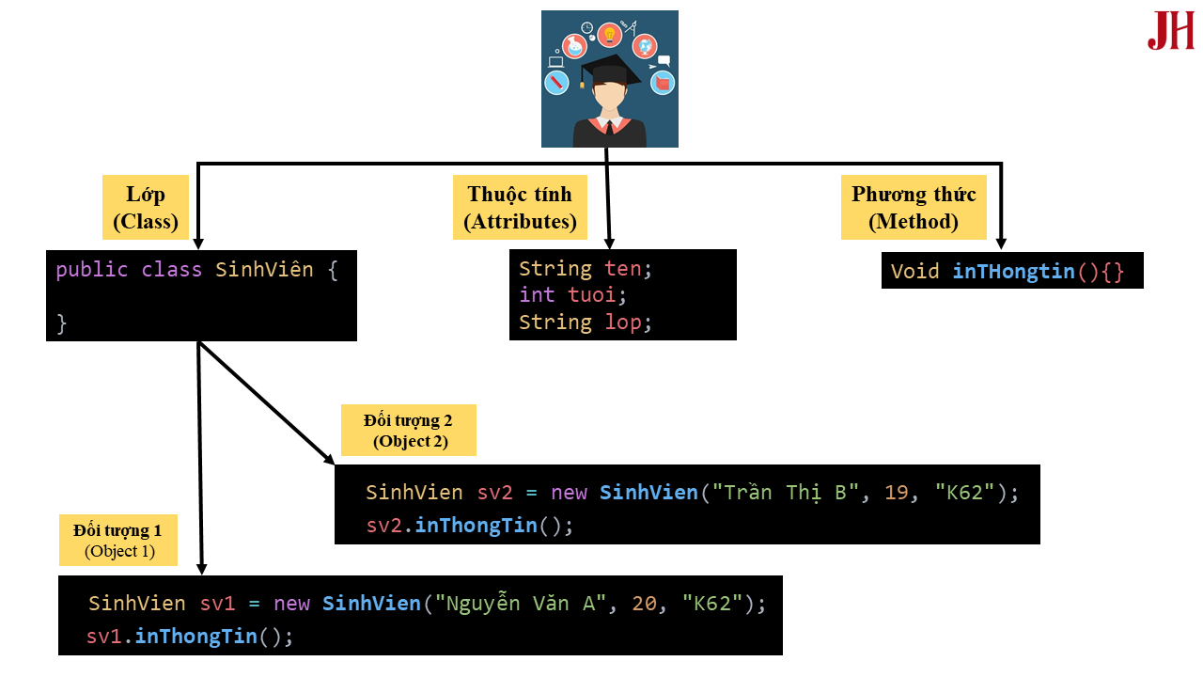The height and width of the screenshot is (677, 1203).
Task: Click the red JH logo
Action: [1170, 32]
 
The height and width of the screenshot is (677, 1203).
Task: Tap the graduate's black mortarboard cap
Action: [610, 71]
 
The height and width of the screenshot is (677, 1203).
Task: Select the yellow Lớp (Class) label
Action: [145, 208]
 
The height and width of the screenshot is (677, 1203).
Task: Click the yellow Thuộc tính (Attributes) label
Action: [520, 208]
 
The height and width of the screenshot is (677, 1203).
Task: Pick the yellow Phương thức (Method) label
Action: [914, 208]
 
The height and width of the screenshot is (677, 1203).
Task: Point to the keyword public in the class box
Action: [91, 270]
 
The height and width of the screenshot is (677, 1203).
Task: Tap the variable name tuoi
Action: [591, 295]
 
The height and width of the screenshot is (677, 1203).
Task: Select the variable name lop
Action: [622, 323]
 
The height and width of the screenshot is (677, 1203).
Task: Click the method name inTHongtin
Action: [1013, 272]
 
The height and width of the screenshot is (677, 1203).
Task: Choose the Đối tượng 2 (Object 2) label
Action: [409, 431]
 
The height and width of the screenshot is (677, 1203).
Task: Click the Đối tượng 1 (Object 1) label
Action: [118, 541]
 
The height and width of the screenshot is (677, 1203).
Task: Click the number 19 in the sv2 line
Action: [897, 493]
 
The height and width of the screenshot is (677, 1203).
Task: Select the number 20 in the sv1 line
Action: [645, 604]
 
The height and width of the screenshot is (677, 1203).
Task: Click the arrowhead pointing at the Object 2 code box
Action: [329, 460]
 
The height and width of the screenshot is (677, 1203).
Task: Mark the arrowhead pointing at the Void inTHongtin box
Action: [1001, 244]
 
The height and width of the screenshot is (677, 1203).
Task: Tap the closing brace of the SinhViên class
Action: [62, 323]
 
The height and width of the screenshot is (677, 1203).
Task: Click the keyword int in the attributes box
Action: [537, 295]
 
